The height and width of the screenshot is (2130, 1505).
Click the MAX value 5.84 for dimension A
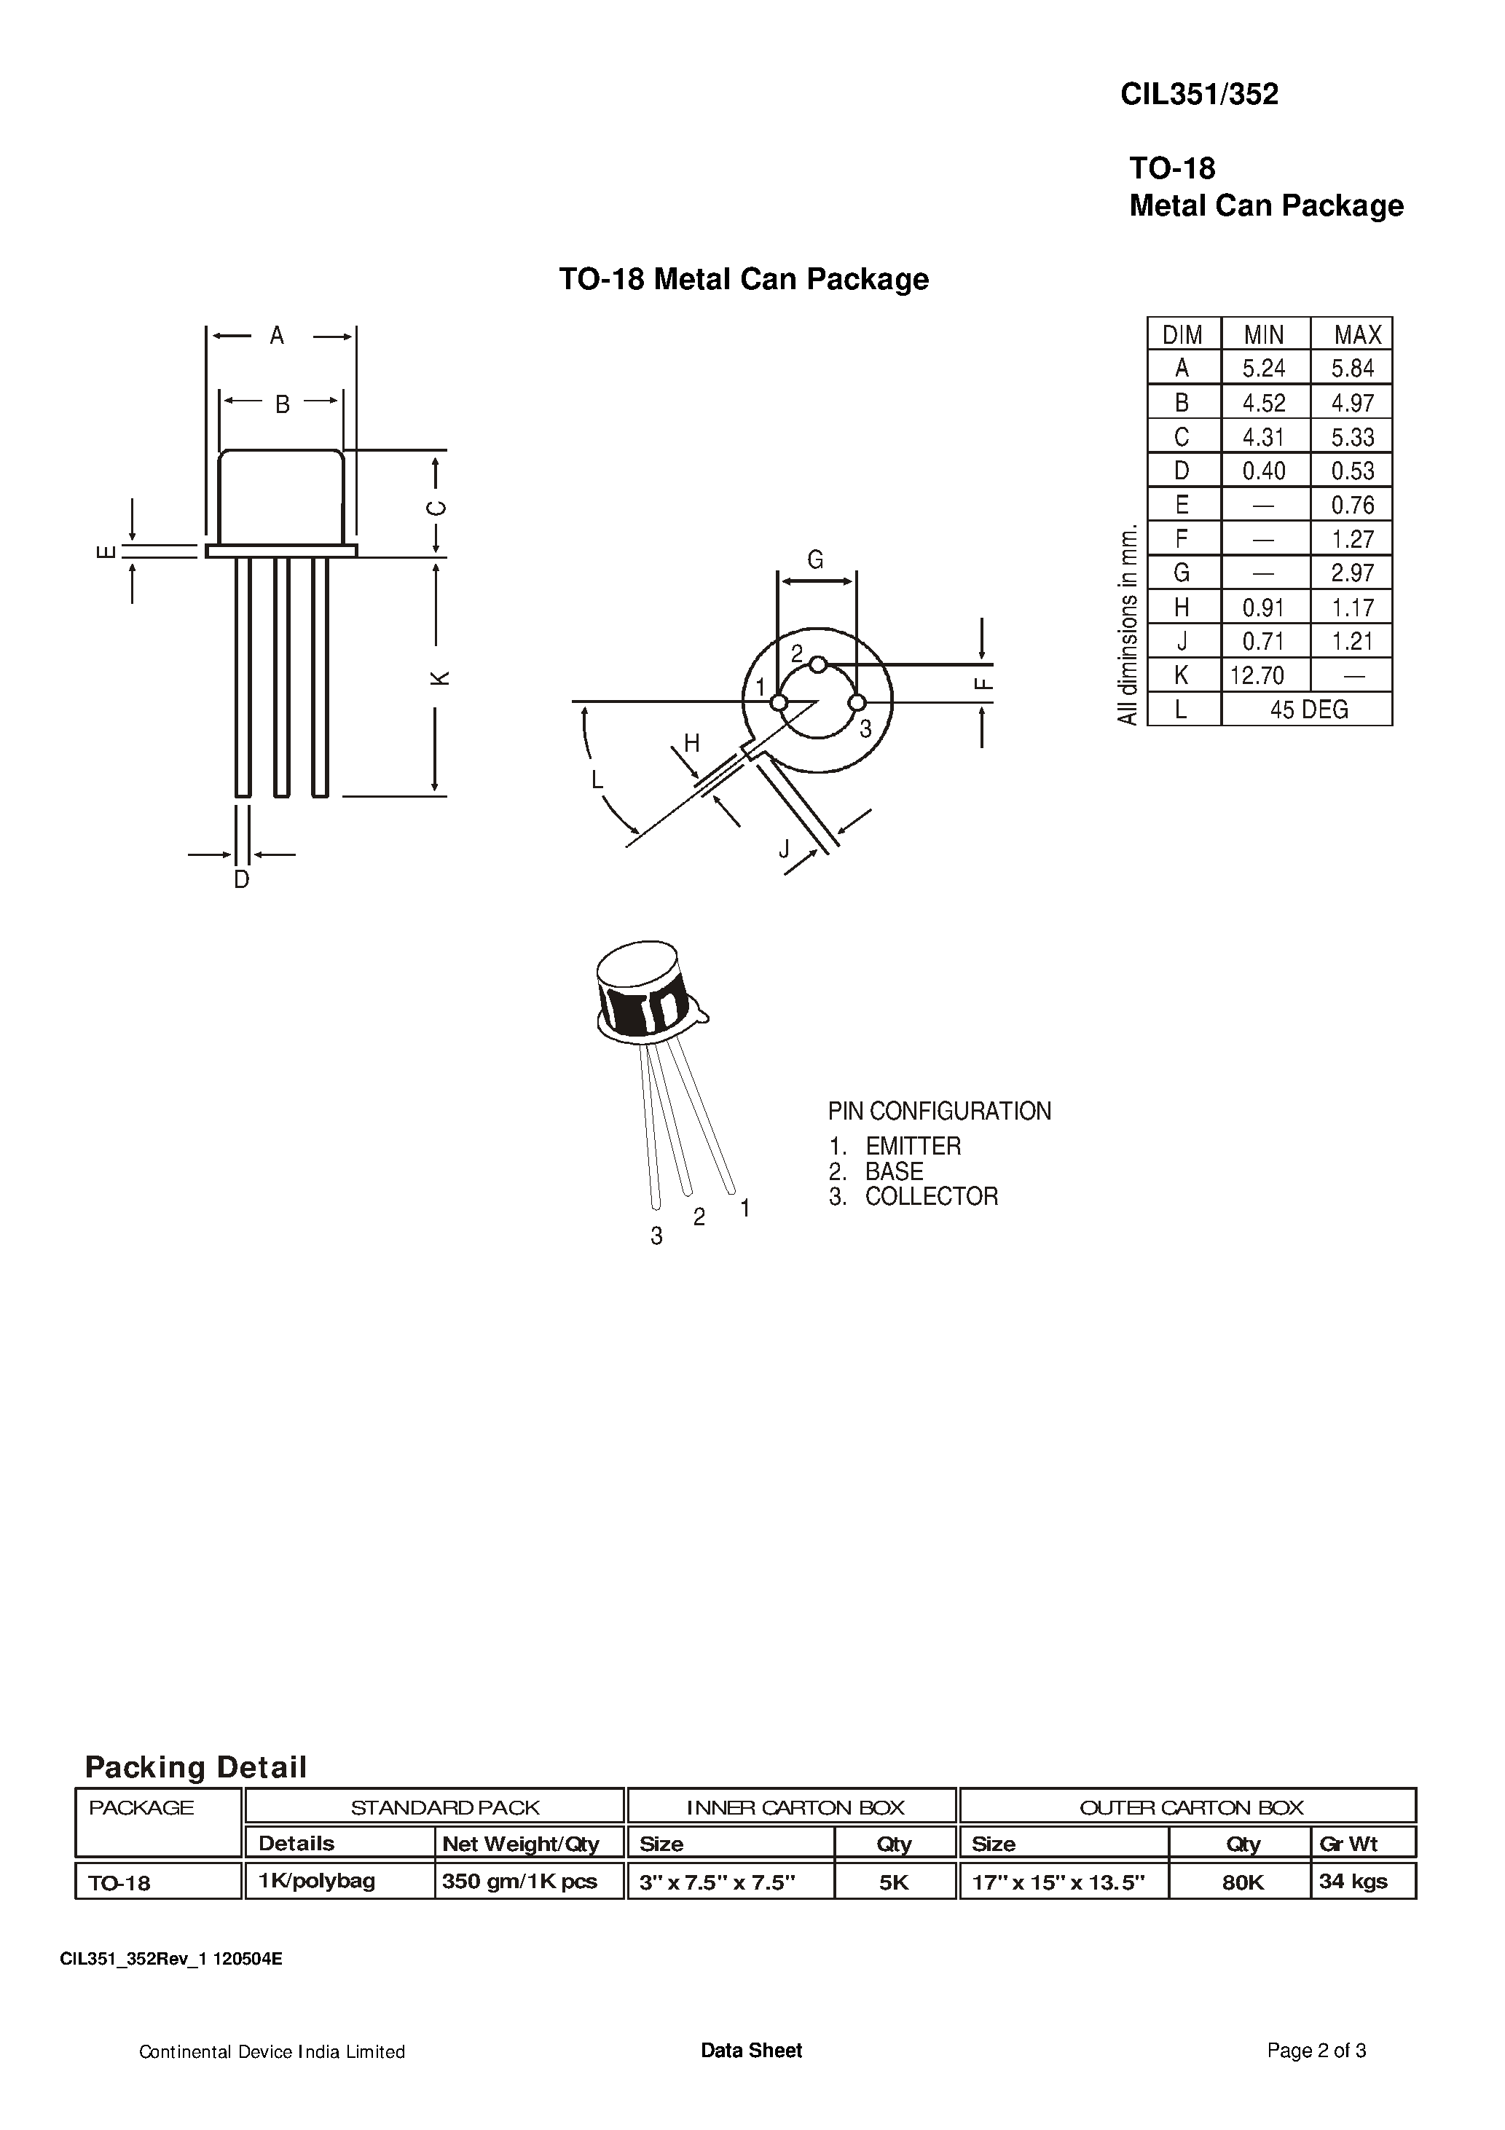coord(1352,369)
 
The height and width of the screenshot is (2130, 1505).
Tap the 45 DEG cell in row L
coord(1308,710)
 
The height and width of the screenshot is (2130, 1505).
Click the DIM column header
coord(1182,334)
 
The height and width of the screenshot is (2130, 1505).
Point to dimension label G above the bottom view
coord(814,559)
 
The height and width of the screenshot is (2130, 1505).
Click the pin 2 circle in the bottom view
coord(817,664)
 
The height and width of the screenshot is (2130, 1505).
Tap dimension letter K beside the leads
coord(441,677)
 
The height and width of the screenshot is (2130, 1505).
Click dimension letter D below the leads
coord(241,879)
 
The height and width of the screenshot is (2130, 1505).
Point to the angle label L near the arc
coord(597,779)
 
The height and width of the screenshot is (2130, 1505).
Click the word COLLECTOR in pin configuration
coord(931,1197)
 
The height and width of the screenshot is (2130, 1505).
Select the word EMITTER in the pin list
coord(913,1146)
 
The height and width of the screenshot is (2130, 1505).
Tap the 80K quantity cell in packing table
coord(1243,1882)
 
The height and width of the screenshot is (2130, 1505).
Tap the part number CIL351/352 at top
coord(1199,94)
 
